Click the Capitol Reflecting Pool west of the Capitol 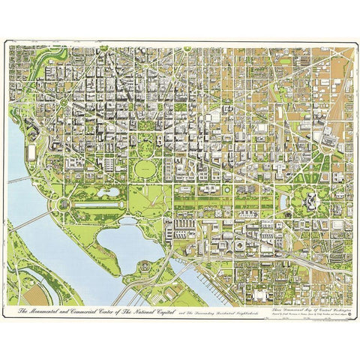(285, 202)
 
